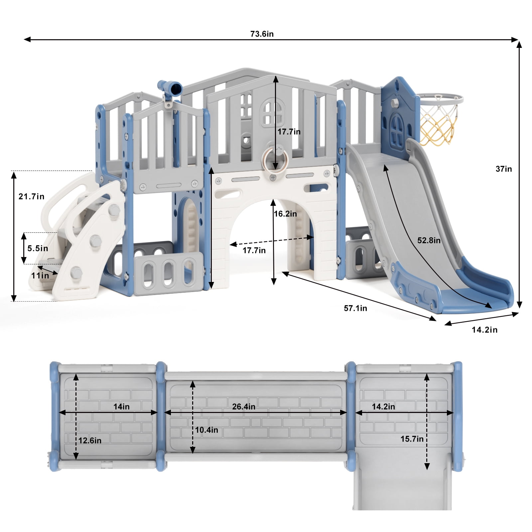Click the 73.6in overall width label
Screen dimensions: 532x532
pos(262,34)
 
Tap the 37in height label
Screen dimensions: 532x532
pos(504,169)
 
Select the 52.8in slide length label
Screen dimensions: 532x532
pos(429,240)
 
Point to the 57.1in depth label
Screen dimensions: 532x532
pos(355,308)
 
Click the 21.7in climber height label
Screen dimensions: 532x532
pos(31,197)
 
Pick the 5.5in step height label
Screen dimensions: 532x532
pos(38,248)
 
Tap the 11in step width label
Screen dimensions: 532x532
pos(40,276)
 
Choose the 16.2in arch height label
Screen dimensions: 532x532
pos(285,214)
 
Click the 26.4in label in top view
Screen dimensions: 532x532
pos(244,407)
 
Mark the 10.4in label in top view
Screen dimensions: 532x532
pos(206,430)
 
